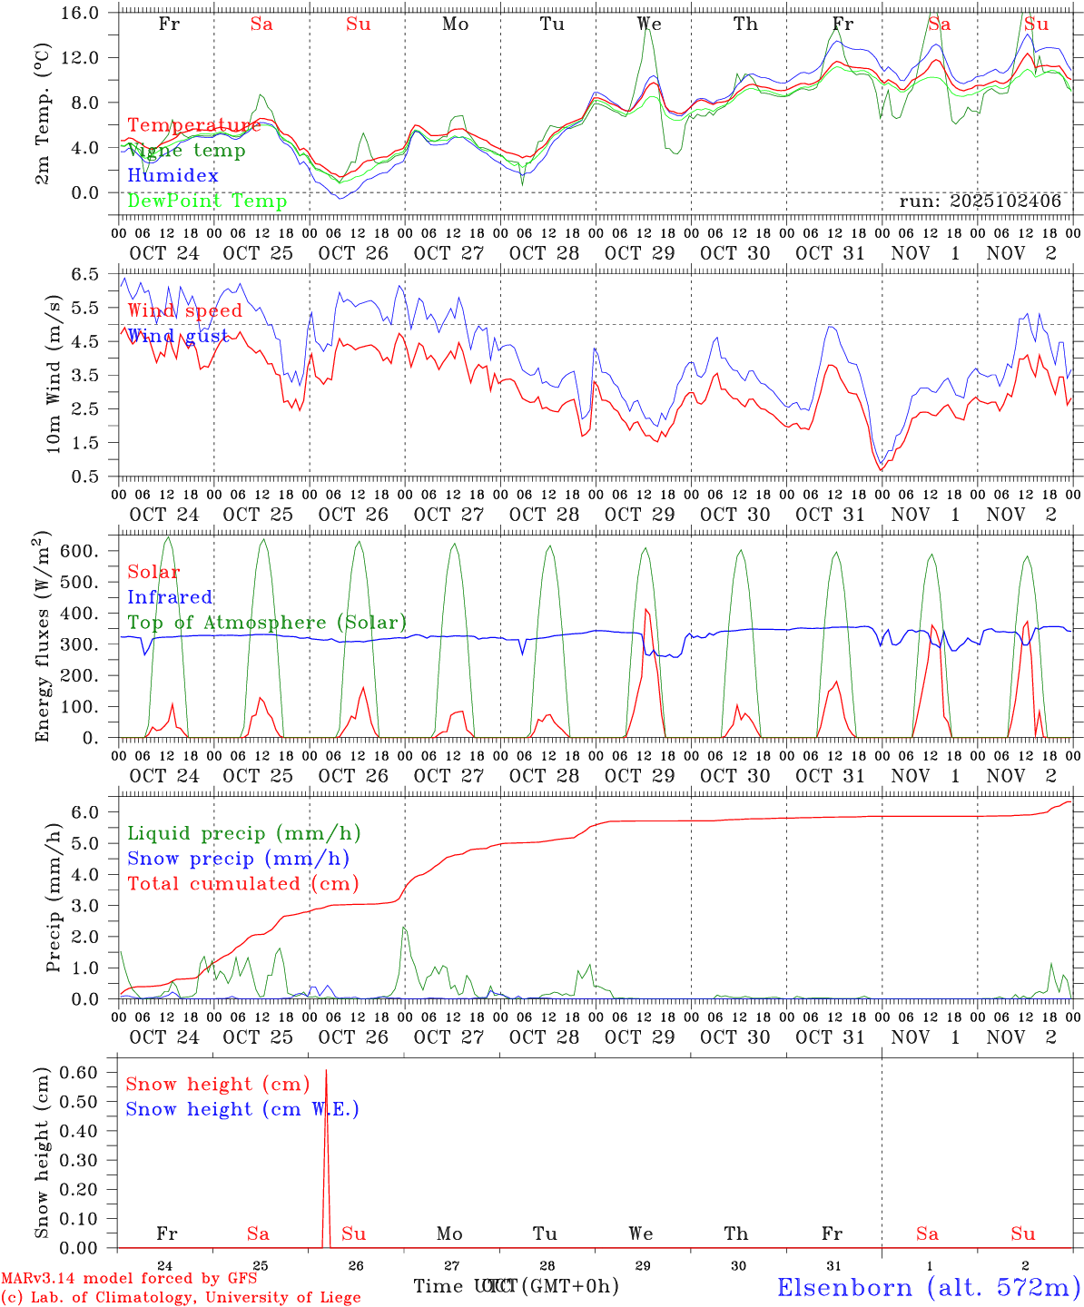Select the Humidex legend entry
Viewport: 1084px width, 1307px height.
172,176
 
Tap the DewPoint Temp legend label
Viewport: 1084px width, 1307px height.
207,201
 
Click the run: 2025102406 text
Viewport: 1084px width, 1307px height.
980,201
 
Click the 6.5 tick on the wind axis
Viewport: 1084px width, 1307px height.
94,274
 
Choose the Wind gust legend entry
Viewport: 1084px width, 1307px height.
177,336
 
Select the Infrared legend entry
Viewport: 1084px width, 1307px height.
170,597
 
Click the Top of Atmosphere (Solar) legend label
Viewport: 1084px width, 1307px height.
267,623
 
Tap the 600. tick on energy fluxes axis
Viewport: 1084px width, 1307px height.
89,552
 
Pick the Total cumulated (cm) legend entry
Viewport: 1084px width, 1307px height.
242,884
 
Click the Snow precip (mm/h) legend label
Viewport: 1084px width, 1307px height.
238,859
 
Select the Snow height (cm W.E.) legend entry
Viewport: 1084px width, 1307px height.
241,1109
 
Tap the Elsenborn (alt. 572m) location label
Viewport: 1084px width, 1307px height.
928,1287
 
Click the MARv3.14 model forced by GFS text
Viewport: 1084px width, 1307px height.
128,1279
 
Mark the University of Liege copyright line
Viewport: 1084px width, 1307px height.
181,1298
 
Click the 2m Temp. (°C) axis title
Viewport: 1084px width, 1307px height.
43,127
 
